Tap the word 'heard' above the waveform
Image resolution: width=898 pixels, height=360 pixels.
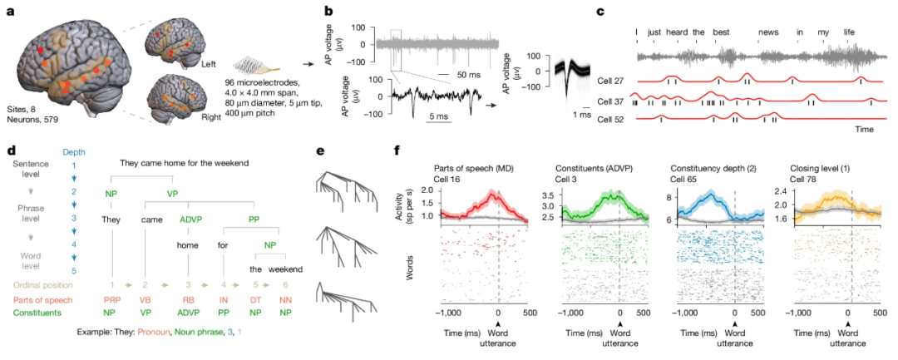pyautogui.click(x=676, y=32)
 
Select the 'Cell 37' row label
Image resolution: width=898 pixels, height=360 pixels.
pyautogui.click(x=609, y=101)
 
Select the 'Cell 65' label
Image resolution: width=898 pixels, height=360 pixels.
pyautogui.click(x=682, y=179)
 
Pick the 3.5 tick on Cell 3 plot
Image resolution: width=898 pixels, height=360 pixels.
pyautogui.click(x=550, y=193)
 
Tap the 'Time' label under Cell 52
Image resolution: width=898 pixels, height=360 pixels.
pyautogui.click(x=864, y=130)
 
